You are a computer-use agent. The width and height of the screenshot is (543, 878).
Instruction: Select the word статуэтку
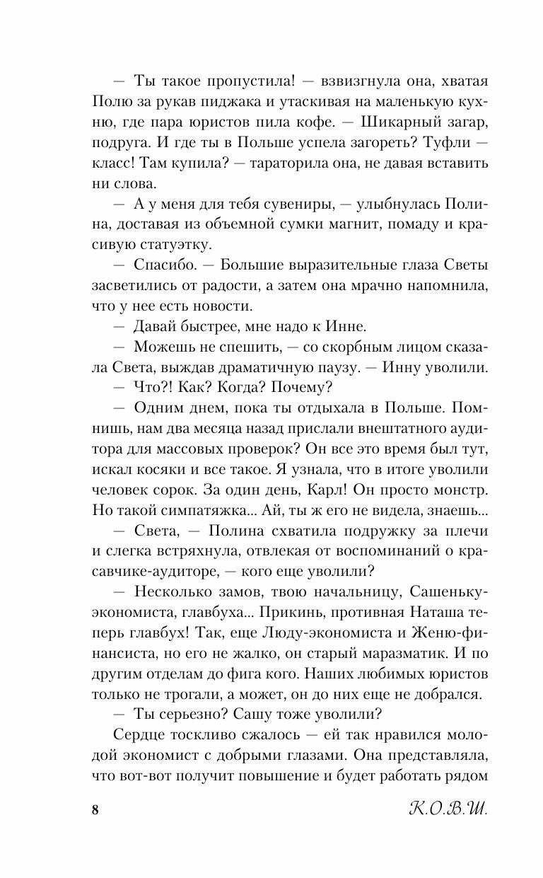[174, 246]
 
